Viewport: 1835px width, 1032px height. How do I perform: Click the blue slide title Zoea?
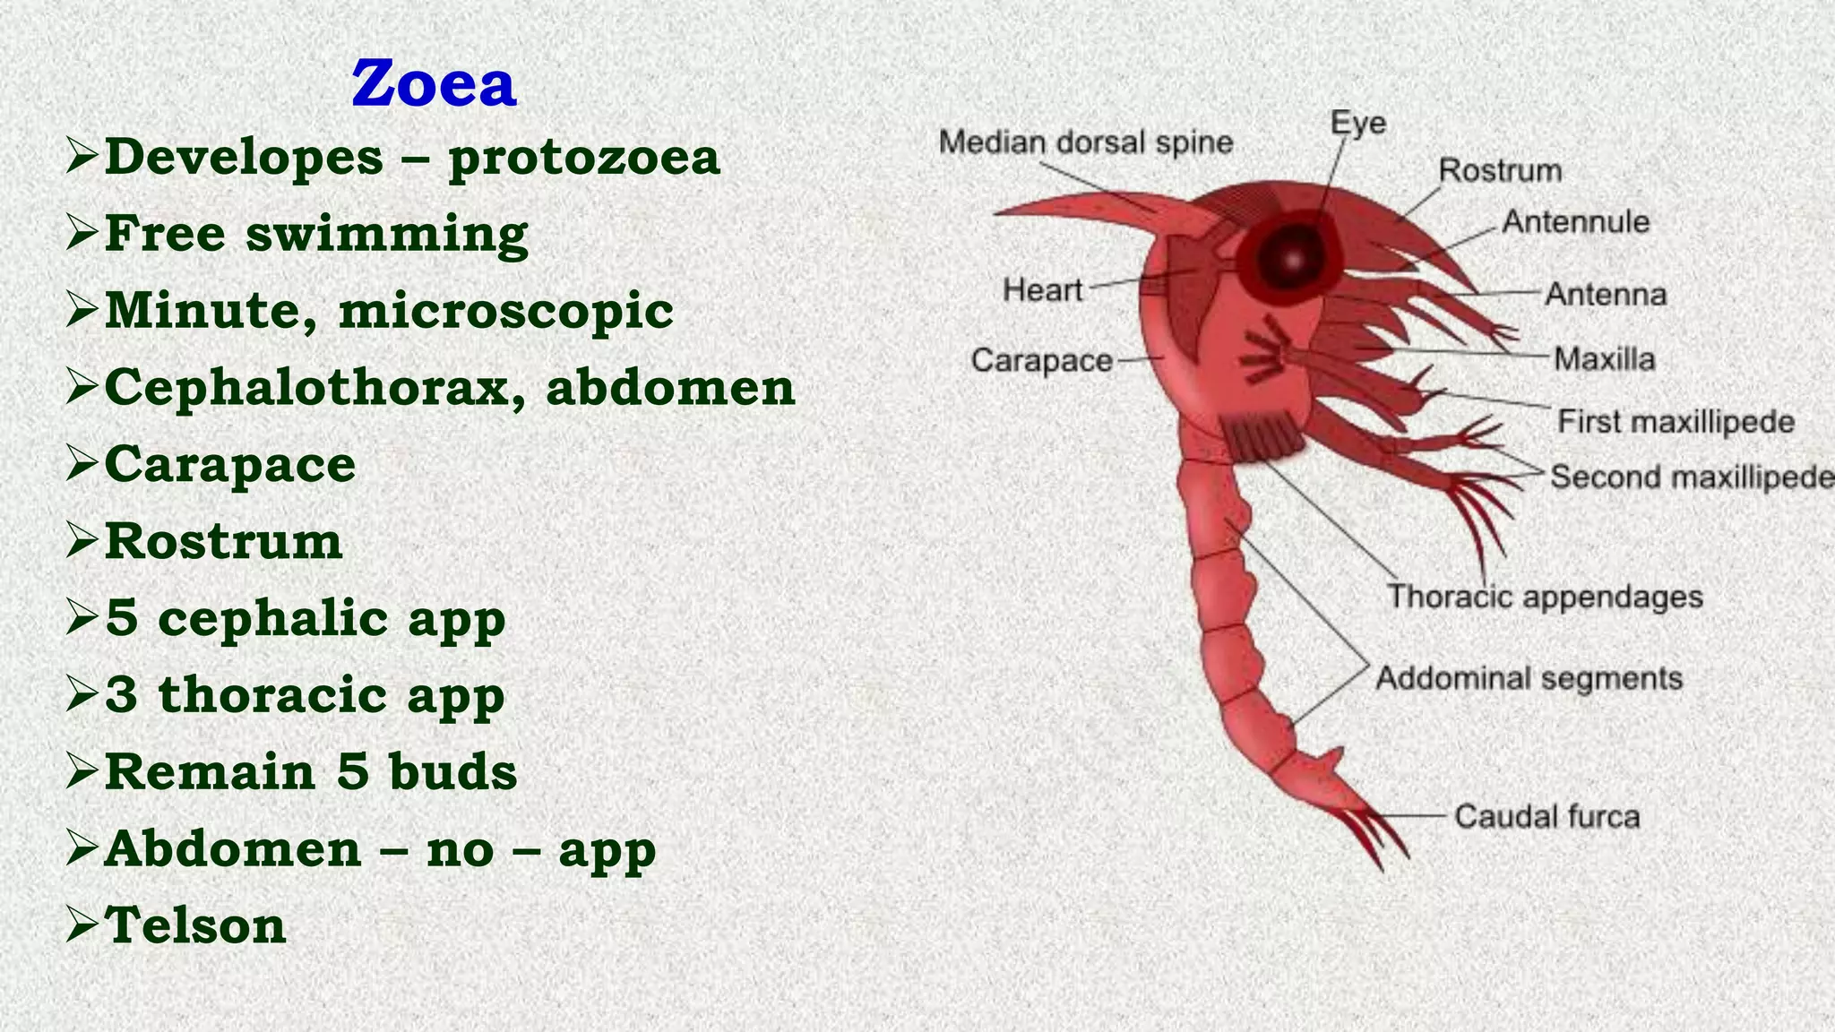click(434, 84)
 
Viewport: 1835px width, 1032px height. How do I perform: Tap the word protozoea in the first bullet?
click(584, 158)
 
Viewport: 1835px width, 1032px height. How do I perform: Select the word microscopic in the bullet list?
click(505, 312)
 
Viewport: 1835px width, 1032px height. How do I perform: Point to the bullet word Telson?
click(195, 925)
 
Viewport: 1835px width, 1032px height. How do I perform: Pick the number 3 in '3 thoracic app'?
click(122, 695)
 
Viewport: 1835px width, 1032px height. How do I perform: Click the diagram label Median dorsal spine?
click(1085, 142)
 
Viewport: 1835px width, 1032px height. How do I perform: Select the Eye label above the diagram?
click(1357, 123)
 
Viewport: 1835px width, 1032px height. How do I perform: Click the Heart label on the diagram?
click(1042, 290)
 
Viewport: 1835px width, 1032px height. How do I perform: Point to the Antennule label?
click(1575, 222)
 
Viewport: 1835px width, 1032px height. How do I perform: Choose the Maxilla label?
click(1604, 359)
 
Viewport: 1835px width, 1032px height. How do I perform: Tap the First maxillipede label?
click(1676, 422)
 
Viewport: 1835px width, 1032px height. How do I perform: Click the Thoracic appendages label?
click(1544, 597)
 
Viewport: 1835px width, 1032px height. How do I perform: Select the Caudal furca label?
click(1546, 817)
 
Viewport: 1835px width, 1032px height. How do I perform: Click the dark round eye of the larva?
click(1292, 258)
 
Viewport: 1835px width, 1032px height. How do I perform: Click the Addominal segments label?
click(1529, 678)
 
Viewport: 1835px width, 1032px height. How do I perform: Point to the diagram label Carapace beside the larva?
click(1041, 361)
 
